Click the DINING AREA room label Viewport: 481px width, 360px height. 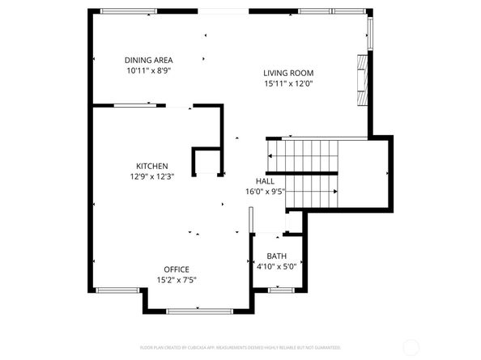[149, 60]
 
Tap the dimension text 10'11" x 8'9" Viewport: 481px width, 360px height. [149, 70]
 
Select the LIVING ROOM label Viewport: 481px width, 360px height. [288, 72]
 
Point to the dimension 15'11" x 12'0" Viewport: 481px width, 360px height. [288, 83]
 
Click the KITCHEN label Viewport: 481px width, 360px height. [151, 166]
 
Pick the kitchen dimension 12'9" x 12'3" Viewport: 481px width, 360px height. [151, 176]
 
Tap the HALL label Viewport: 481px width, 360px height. [265, 181]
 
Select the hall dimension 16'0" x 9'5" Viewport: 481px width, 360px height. [265, 192]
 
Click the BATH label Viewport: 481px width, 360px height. [277, 256]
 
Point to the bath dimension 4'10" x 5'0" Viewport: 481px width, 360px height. [277, 265]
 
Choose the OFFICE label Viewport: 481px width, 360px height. [177, 269]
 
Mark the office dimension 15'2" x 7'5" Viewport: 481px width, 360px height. [177, 280]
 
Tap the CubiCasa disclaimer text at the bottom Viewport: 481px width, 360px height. [240, 346]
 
